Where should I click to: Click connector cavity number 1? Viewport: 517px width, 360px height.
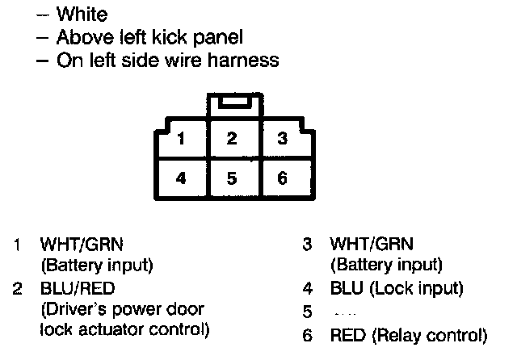click(182, 139)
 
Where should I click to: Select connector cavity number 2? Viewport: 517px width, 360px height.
click(232, 139)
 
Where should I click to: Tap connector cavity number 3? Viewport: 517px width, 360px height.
click(282, 139)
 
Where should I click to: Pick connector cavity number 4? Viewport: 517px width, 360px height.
click(182, 178)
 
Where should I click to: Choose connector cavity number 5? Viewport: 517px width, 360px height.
click(232, 178)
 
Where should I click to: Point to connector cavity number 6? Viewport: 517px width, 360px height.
click(282, 178)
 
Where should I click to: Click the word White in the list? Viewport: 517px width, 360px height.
click(83, 15)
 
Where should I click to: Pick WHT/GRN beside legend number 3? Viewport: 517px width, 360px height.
click(371, 243)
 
